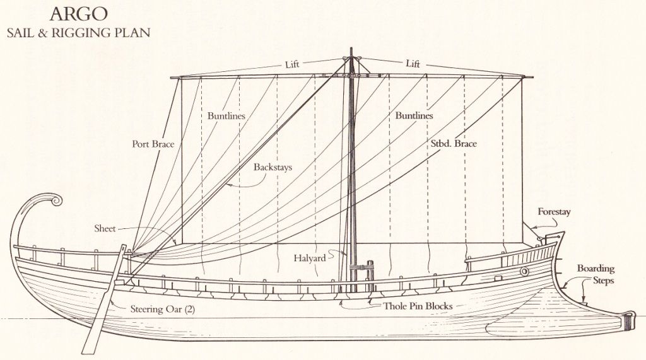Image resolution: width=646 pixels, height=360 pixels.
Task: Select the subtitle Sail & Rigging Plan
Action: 79,33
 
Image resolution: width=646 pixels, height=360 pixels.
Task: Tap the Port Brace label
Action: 153,144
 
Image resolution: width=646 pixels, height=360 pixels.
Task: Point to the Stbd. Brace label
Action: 453,144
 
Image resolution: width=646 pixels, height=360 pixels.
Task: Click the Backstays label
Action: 273,168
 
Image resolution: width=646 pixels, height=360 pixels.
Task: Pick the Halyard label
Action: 309,258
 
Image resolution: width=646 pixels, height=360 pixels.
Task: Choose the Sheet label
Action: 105,228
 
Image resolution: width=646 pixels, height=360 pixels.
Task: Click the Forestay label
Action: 554,212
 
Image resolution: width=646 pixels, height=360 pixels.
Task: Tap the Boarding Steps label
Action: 596,274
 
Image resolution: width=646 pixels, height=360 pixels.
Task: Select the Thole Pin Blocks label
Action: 418,306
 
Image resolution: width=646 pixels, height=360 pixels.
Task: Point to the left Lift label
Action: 292,64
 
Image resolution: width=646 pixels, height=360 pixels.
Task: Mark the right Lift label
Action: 413,64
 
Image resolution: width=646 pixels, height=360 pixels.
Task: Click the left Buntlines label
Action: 226,116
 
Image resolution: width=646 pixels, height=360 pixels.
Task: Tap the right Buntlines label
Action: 414,116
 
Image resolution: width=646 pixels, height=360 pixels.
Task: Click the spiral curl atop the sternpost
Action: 56,201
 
